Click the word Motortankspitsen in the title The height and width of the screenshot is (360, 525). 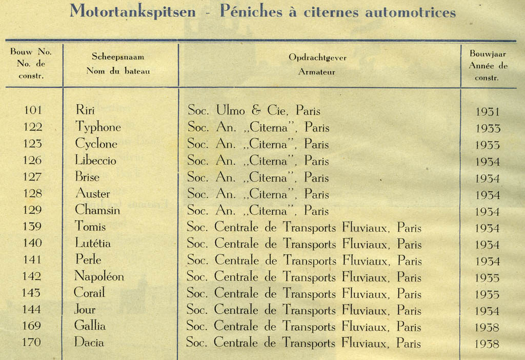[x=132, y=11]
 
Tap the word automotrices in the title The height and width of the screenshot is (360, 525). [x=410, y=11]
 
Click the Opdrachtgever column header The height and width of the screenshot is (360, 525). [x=317, y=57]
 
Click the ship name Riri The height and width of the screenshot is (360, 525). [x=85, y=110]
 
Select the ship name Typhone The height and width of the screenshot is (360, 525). [x=98, y=127]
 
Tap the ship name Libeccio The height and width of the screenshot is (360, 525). [x=95, y=160]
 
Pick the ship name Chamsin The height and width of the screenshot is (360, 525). [x=97, y=210]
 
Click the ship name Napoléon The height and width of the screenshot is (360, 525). [x=99, y=276]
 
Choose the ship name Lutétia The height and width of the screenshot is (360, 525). [x=92, y=243]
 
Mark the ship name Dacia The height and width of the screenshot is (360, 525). [x=89, y=342]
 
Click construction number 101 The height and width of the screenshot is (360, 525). [x=32, y=110]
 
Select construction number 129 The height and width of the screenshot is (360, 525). [x=32, y=210]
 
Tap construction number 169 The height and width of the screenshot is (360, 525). [x=32, y=326]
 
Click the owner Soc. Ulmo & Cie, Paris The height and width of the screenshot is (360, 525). [x=254, y=110]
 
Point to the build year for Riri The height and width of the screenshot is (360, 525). [x=487, y=112]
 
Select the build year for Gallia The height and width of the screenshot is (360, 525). [x=487, y=328]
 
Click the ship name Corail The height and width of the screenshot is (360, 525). [x=90, y=293]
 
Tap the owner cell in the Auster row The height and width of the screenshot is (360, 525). [x=258, y=194]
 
